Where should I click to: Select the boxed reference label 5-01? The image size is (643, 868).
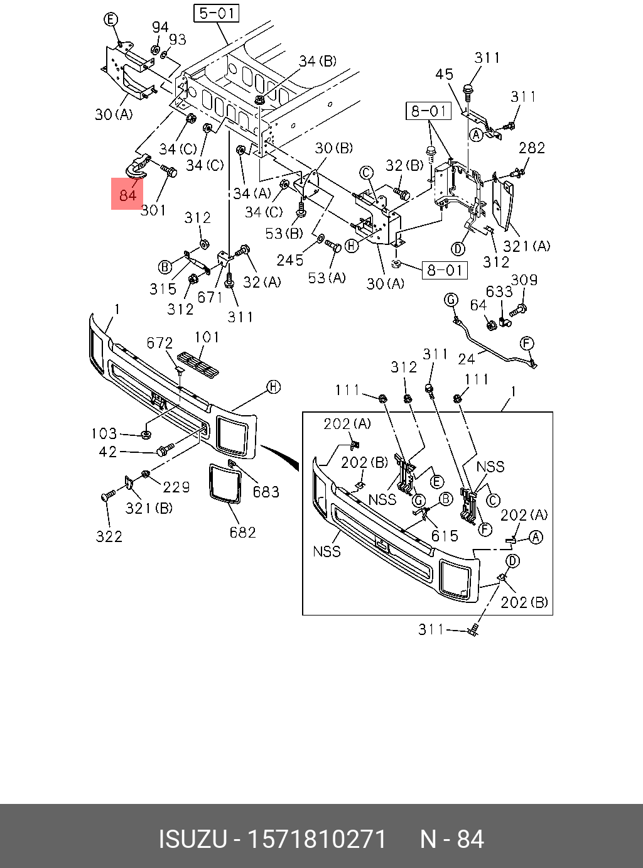pos(217,13)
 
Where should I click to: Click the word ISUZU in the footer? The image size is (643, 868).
pos(192,839)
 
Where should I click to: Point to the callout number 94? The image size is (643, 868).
pos(160,28)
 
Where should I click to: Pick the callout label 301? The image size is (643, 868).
pos(153,210)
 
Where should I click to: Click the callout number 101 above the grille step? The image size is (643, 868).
pos(207,337)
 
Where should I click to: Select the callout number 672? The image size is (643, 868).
pos(159,343)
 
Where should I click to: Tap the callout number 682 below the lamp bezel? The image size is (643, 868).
pos(242,533)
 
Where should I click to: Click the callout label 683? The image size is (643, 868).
pos(266,492)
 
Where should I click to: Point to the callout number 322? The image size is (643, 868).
pos(109,536)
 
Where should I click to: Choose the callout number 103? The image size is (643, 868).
pos(104,433)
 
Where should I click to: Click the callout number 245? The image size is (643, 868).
pos(290,260)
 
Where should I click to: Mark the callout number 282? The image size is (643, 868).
pos(532,148)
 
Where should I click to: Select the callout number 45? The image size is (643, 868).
pos(444,74)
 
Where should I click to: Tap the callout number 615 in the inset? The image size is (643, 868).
pos(445,536)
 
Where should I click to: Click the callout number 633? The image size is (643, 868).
pos(499,291)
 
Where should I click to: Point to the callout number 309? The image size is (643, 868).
pos(524,280)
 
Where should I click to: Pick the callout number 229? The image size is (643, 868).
pos(176,487)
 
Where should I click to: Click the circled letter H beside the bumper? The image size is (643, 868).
pos(274,387)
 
